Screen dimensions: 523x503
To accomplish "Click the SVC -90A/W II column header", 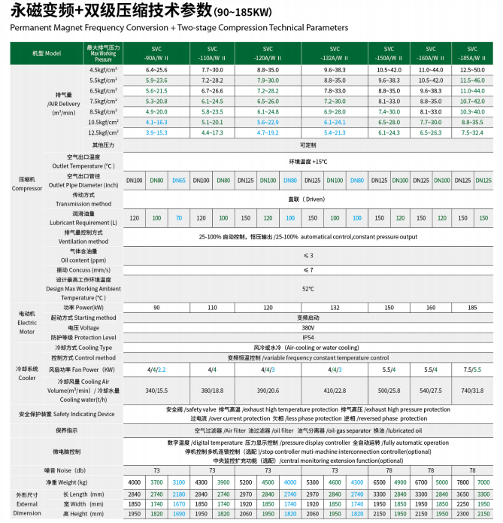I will coord(156,53).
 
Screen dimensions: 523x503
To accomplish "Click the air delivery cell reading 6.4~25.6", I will coord(156,69).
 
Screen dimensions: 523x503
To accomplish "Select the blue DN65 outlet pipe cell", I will coord(179,181).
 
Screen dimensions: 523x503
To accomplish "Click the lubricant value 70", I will coord(179,217).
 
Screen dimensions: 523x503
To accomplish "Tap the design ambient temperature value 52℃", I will coord(308,289).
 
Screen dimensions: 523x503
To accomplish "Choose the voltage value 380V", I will coord(308,328).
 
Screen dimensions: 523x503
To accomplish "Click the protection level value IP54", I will coord(308,338).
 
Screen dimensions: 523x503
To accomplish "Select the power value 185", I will coord(472,308).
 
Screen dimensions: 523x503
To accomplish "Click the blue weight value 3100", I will coord(179,482).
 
